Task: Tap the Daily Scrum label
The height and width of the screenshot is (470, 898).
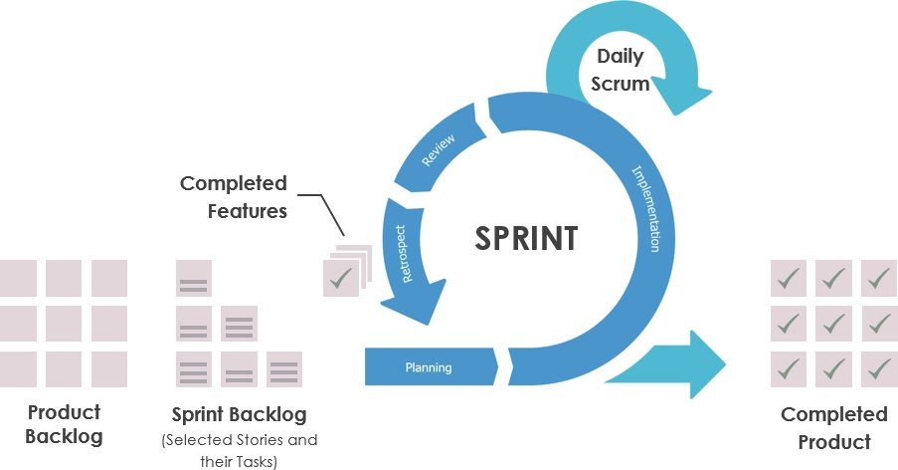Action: (620, 70)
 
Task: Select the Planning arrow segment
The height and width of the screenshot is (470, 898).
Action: (429, 367)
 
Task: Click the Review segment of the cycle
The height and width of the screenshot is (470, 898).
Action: (439, 150)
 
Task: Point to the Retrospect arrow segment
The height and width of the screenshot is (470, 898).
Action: (408, 254)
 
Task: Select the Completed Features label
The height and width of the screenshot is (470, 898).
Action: (234, 196)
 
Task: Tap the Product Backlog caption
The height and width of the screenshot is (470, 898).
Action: (64, 424)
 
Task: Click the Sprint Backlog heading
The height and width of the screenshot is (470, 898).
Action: (239, 413)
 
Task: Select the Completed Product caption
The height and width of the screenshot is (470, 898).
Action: (833, 427)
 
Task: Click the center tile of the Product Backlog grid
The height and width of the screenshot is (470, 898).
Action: (64, 324)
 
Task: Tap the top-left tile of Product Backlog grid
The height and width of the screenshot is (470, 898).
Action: (18, 278)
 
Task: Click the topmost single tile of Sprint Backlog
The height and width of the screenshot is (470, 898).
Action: (193, 279)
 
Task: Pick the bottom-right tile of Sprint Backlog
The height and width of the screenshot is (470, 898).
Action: (284, 369)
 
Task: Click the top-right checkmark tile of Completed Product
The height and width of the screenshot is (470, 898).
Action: (879, 278)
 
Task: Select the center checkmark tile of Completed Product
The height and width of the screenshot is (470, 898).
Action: (833, 324)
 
